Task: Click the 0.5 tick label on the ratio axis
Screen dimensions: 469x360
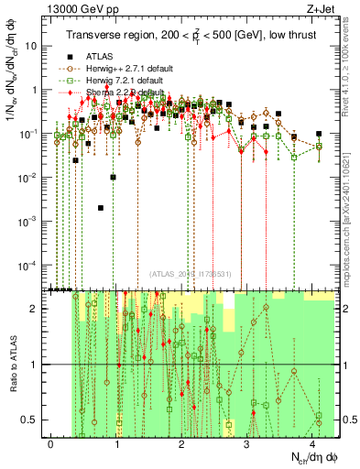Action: (x=31, y=420)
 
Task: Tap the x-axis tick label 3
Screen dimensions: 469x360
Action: (x=248, y=444)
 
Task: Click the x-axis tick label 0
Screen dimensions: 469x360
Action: (x=51, y=444)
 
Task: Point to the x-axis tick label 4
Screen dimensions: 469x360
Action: (x=313, y=444)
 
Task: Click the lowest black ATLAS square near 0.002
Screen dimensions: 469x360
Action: (x=101, y=208)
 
